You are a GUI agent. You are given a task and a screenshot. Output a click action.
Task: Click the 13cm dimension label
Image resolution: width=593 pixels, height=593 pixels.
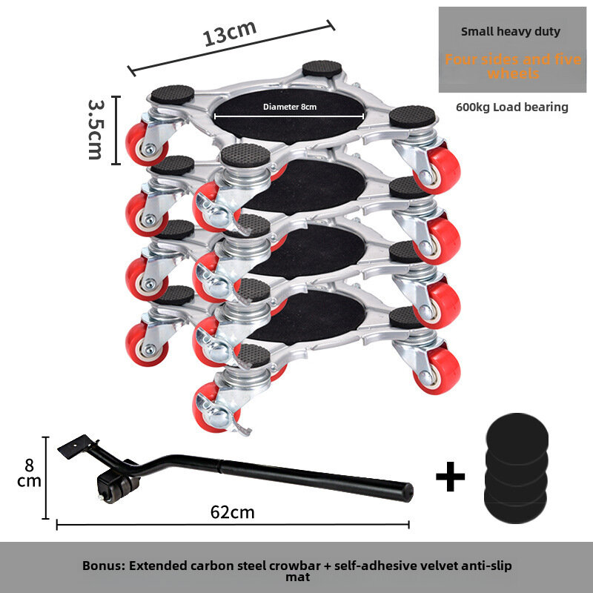[x=230, y=33]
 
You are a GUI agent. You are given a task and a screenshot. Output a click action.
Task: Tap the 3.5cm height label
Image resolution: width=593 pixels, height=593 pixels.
[x=96, y=129]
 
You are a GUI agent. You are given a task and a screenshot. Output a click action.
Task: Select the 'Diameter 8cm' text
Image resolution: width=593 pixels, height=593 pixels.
[x=290, y=107]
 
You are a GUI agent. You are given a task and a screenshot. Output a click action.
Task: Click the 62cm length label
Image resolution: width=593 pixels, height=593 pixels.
[x=232, y=512]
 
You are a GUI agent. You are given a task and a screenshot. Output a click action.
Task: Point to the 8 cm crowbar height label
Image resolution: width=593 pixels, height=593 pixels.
[x=29, y=473]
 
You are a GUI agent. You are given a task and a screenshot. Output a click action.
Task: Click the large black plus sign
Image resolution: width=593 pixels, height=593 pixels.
[x=450, y=477]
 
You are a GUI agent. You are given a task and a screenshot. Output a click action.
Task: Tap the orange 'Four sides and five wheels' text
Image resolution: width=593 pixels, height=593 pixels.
[x=513, y=66]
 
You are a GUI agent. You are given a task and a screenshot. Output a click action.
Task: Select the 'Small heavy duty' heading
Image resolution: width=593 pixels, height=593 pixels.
[x=511, y=31]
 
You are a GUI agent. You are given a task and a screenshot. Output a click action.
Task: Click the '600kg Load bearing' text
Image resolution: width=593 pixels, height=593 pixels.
[x=512, y=107]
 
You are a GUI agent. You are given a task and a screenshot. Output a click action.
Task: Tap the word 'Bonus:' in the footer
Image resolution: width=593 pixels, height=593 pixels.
[x=104, y=566]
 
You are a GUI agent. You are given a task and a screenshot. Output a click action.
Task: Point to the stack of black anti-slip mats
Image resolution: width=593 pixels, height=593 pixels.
[x=516, y=468]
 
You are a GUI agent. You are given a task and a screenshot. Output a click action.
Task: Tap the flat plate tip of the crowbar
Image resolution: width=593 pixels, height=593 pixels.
[x=75, y=446]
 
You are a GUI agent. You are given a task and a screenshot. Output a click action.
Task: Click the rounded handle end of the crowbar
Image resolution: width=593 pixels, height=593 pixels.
[x=408, y=492]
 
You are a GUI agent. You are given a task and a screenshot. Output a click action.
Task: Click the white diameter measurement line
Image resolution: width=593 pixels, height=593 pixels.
[x=289, y=116]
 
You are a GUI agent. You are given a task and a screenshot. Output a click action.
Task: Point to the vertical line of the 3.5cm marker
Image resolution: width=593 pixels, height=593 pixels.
[x=116, y=130]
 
